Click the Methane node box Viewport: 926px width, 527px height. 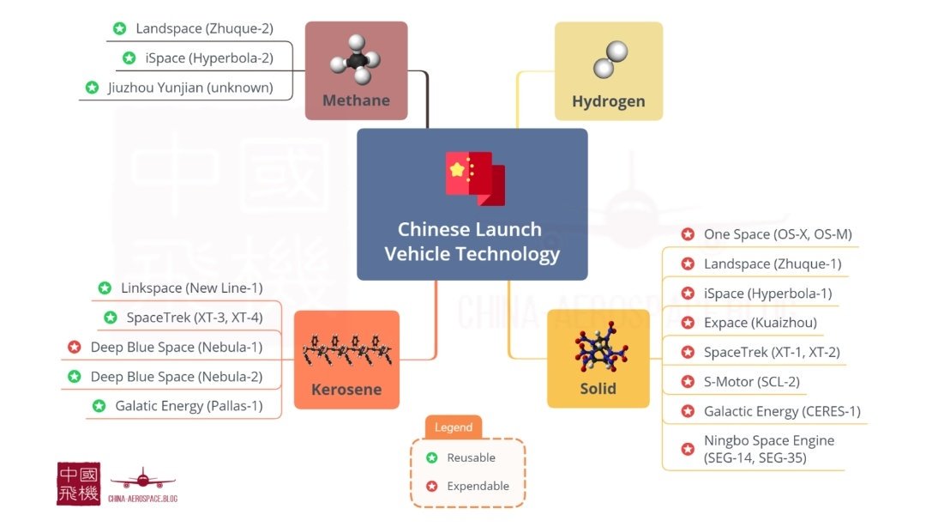[356, 71]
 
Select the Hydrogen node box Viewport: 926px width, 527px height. [608, 71]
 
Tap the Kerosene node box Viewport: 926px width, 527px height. [346, 360]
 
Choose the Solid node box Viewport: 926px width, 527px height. [598, 358]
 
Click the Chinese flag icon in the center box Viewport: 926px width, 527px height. [474, 178]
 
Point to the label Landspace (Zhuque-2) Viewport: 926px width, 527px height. [204, 28]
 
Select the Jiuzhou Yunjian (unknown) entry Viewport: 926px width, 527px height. [190, 88]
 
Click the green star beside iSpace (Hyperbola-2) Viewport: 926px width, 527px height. [129, 58]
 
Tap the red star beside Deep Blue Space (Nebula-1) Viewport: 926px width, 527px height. [75, 348]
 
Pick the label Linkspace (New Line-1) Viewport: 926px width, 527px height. [191, 288]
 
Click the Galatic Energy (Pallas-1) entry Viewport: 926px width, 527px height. [189, 406]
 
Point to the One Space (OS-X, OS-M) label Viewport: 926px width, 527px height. [778, 234]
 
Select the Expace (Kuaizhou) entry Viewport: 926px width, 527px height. [760, 323]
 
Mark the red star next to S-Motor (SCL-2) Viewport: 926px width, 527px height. [688, 382]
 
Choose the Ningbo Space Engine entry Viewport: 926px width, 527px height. [768, 449]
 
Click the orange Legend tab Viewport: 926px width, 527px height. [454, 427]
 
